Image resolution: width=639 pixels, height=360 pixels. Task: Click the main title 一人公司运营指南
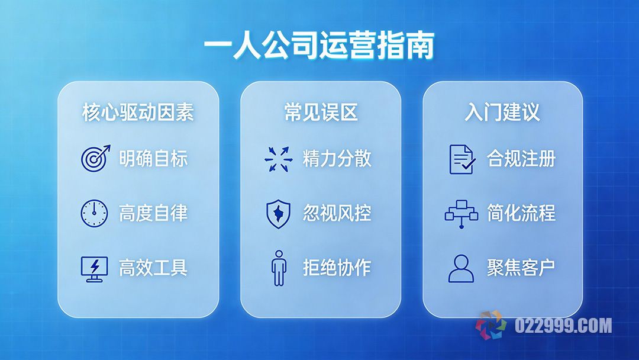[x=319, y=46]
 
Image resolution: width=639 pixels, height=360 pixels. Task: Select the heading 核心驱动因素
[x=138, y=112]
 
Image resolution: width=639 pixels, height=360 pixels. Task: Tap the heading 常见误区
[x=321, y=112]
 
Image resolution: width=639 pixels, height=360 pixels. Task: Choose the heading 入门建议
[x=502, y=112]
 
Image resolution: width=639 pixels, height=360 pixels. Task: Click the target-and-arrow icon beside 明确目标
[x=95, y=158]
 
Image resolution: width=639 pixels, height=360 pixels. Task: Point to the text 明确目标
[x=153, y=159]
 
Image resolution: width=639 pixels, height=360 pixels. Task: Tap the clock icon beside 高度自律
[x=94, y=213]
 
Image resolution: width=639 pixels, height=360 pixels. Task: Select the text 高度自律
[x=153, y=213]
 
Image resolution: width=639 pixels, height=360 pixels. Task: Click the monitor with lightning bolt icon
[x=94, y=268]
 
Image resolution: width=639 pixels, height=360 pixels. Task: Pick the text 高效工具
[x=153, y=268]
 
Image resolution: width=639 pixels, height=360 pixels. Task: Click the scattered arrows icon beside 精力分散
[x=277, y=159]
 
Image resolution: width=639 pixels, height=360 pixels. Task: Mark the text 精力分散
[x=337, y=159]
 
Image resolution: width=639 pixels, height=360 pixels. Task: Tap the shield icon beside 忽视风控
[x=277, y=213]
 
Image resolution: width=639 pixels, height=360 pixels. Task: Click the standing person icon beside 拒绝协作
[x=278, y=268]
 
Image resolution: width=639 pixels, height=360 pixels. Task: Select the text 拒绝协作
[x=337, y=268]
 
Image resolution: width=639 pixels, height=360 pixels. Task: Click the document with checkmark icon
[x=461, y=159]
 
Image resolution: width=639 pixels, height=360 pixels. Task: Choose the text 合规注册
[x=521, y=159]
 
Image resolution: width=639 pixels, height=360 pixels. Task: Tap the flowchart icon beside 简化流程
[x=461, y=214]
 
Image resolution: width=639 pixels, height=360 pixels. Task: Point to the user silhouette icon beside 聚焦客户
[x=461, y=268]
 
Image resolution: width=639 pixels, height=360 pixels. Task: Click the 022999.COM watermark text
[x=563, y=326]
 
